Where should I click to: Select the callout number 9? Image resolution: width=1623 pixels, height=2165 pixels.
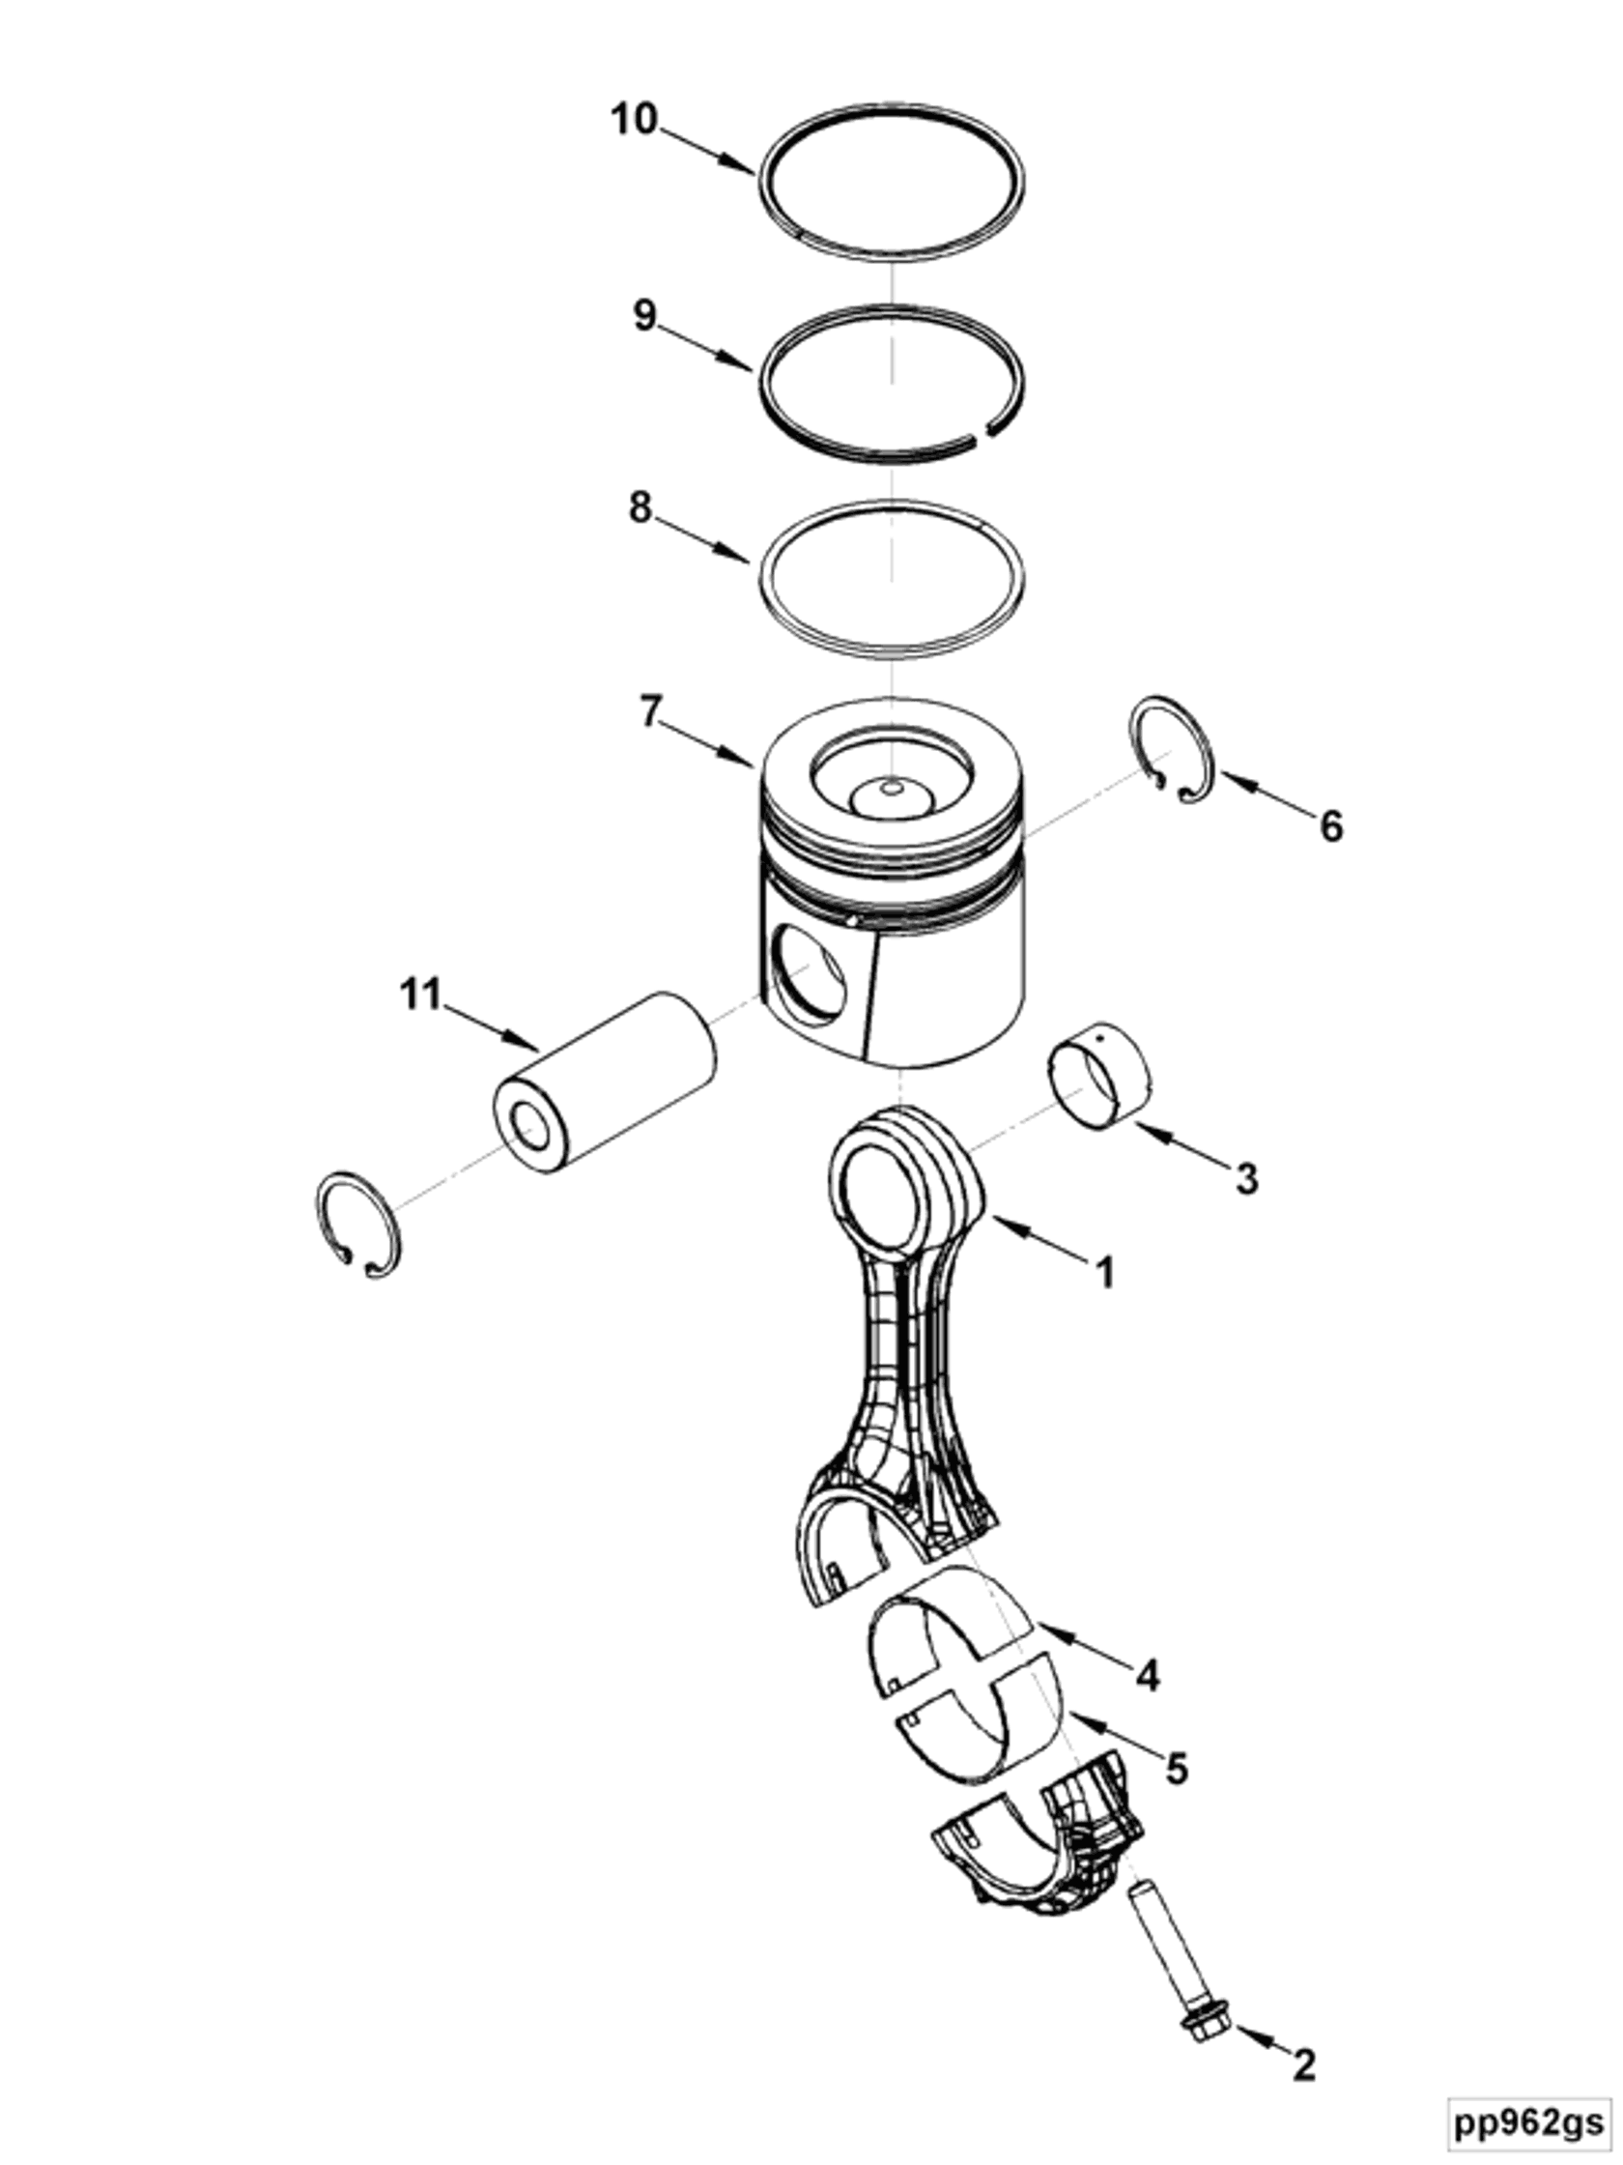(644, 315)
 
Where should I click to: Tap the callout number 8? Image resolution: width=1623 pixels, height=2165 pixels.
(640, 507)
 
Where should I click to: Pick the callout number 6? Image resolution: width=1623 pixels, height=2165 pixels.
(1330, 826)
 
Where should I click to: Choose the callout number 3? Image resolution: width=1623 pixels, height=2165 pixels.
(1246, 1178)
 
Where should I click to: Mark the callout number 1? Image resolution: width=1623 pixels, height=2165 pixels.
(1104, 1273)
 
